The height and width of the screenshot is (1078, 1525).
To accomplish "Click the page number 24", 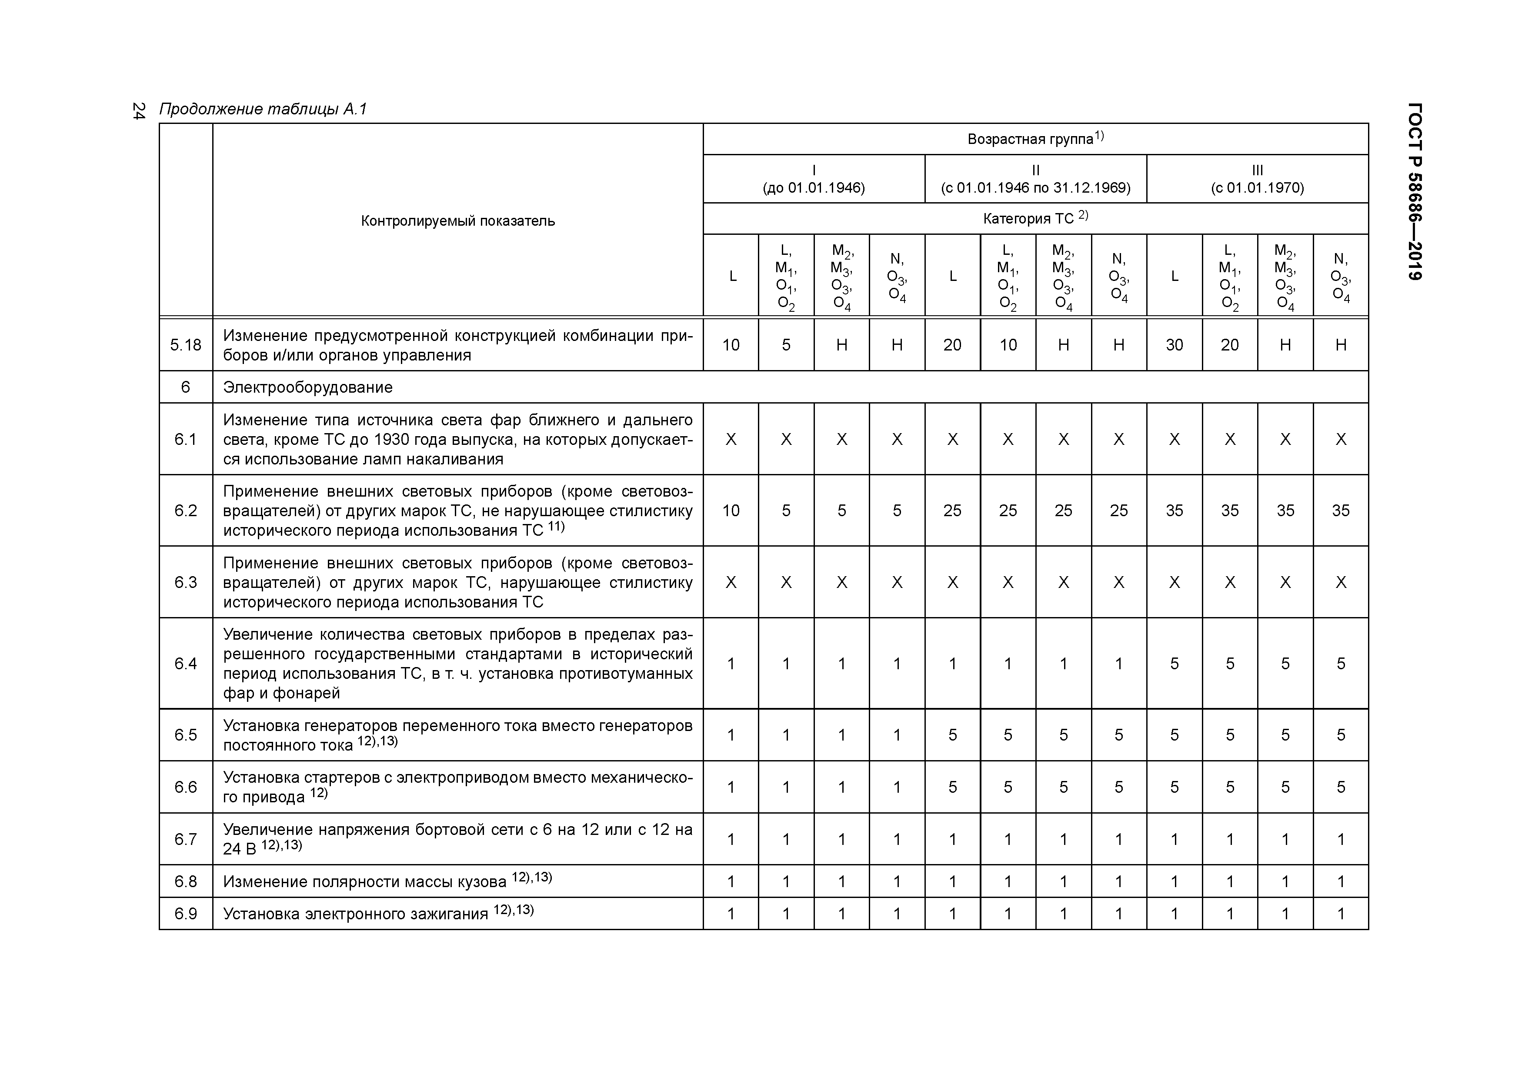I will coord(138,111).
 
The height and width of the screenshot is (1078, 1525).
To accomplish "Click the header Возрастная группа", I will coord(1035,139).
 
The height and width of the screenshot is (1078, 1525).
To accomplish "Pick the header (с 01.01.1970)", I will coord(1257,187).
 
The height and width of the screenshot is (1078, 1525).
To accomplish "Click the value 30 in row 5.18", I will coord(1175,345).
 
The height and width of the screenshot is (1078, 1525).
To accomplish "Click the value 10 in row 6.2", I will coord(731,510).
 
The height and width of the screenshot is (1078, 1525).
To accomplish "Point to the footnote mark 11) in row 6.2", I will coord(556,527).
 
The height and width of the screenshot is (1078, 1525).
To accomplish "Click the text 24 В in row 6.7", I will coord(239,849).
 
